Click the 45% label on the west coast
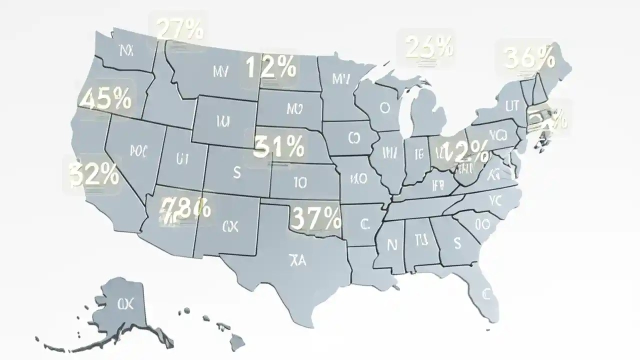[105, 99]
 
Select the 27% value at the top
[180, 29]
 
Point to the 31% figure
[278, 147]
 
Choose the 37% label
[316, 217]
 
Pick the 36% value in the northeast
[529, 58]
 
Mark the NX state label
[126, 50]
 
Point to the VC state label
[494, 201]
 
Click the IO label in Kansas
[299, 183]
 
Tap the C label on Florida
[484, 293]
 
